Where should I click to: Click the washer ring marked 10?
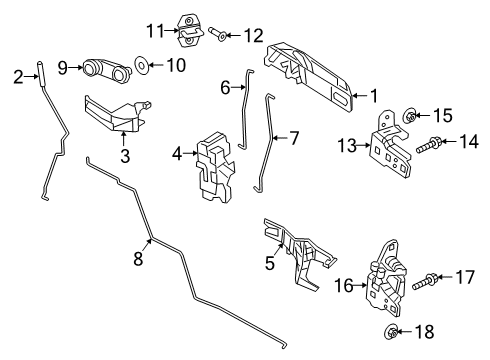[140, 69]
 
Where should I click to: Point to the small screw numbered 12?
[227, 37]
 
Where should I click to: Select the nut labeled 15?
[411, 117]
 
